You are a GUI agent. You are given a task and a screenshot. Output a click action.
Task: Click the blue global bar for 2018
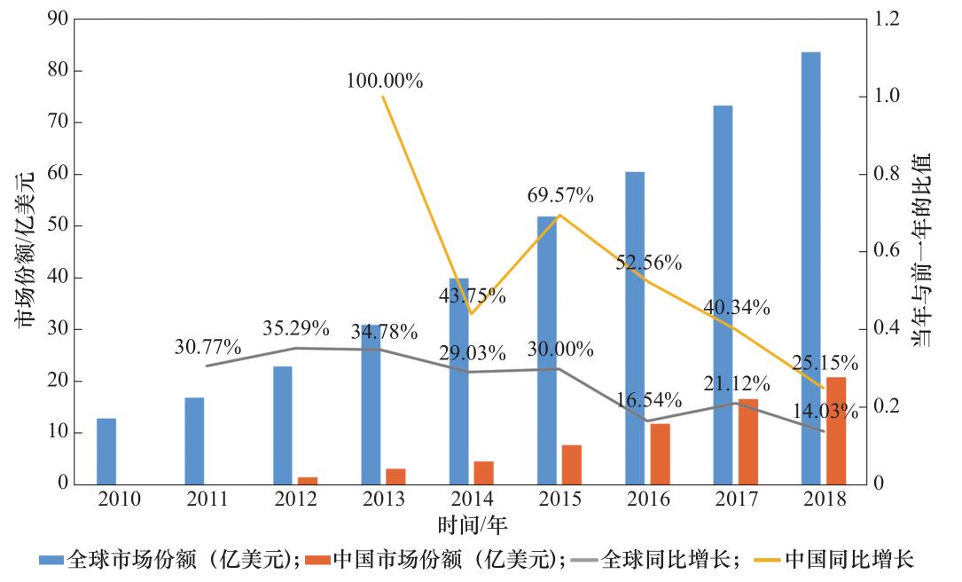[810, 266]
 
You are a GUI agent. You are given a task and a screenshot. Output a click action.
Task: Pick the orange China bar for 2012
[308, 480]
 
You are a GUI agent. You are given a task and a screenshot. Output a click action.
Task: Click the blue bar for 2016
[635, 328]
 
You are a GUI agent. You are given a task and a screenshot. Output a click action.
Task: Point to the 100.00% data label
[385, 81]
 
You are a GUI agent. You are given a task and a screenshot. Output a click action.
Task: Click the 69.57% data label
[560, 195]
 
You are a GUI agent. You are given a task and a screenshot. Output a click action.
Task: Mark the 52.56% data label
[649, 262]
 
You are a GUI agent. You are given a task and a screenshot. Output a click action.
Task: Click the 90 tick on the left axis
[59, 20]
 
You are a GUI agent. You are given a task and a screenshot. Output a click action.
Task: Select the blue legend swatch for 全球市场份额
[51, 560]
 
